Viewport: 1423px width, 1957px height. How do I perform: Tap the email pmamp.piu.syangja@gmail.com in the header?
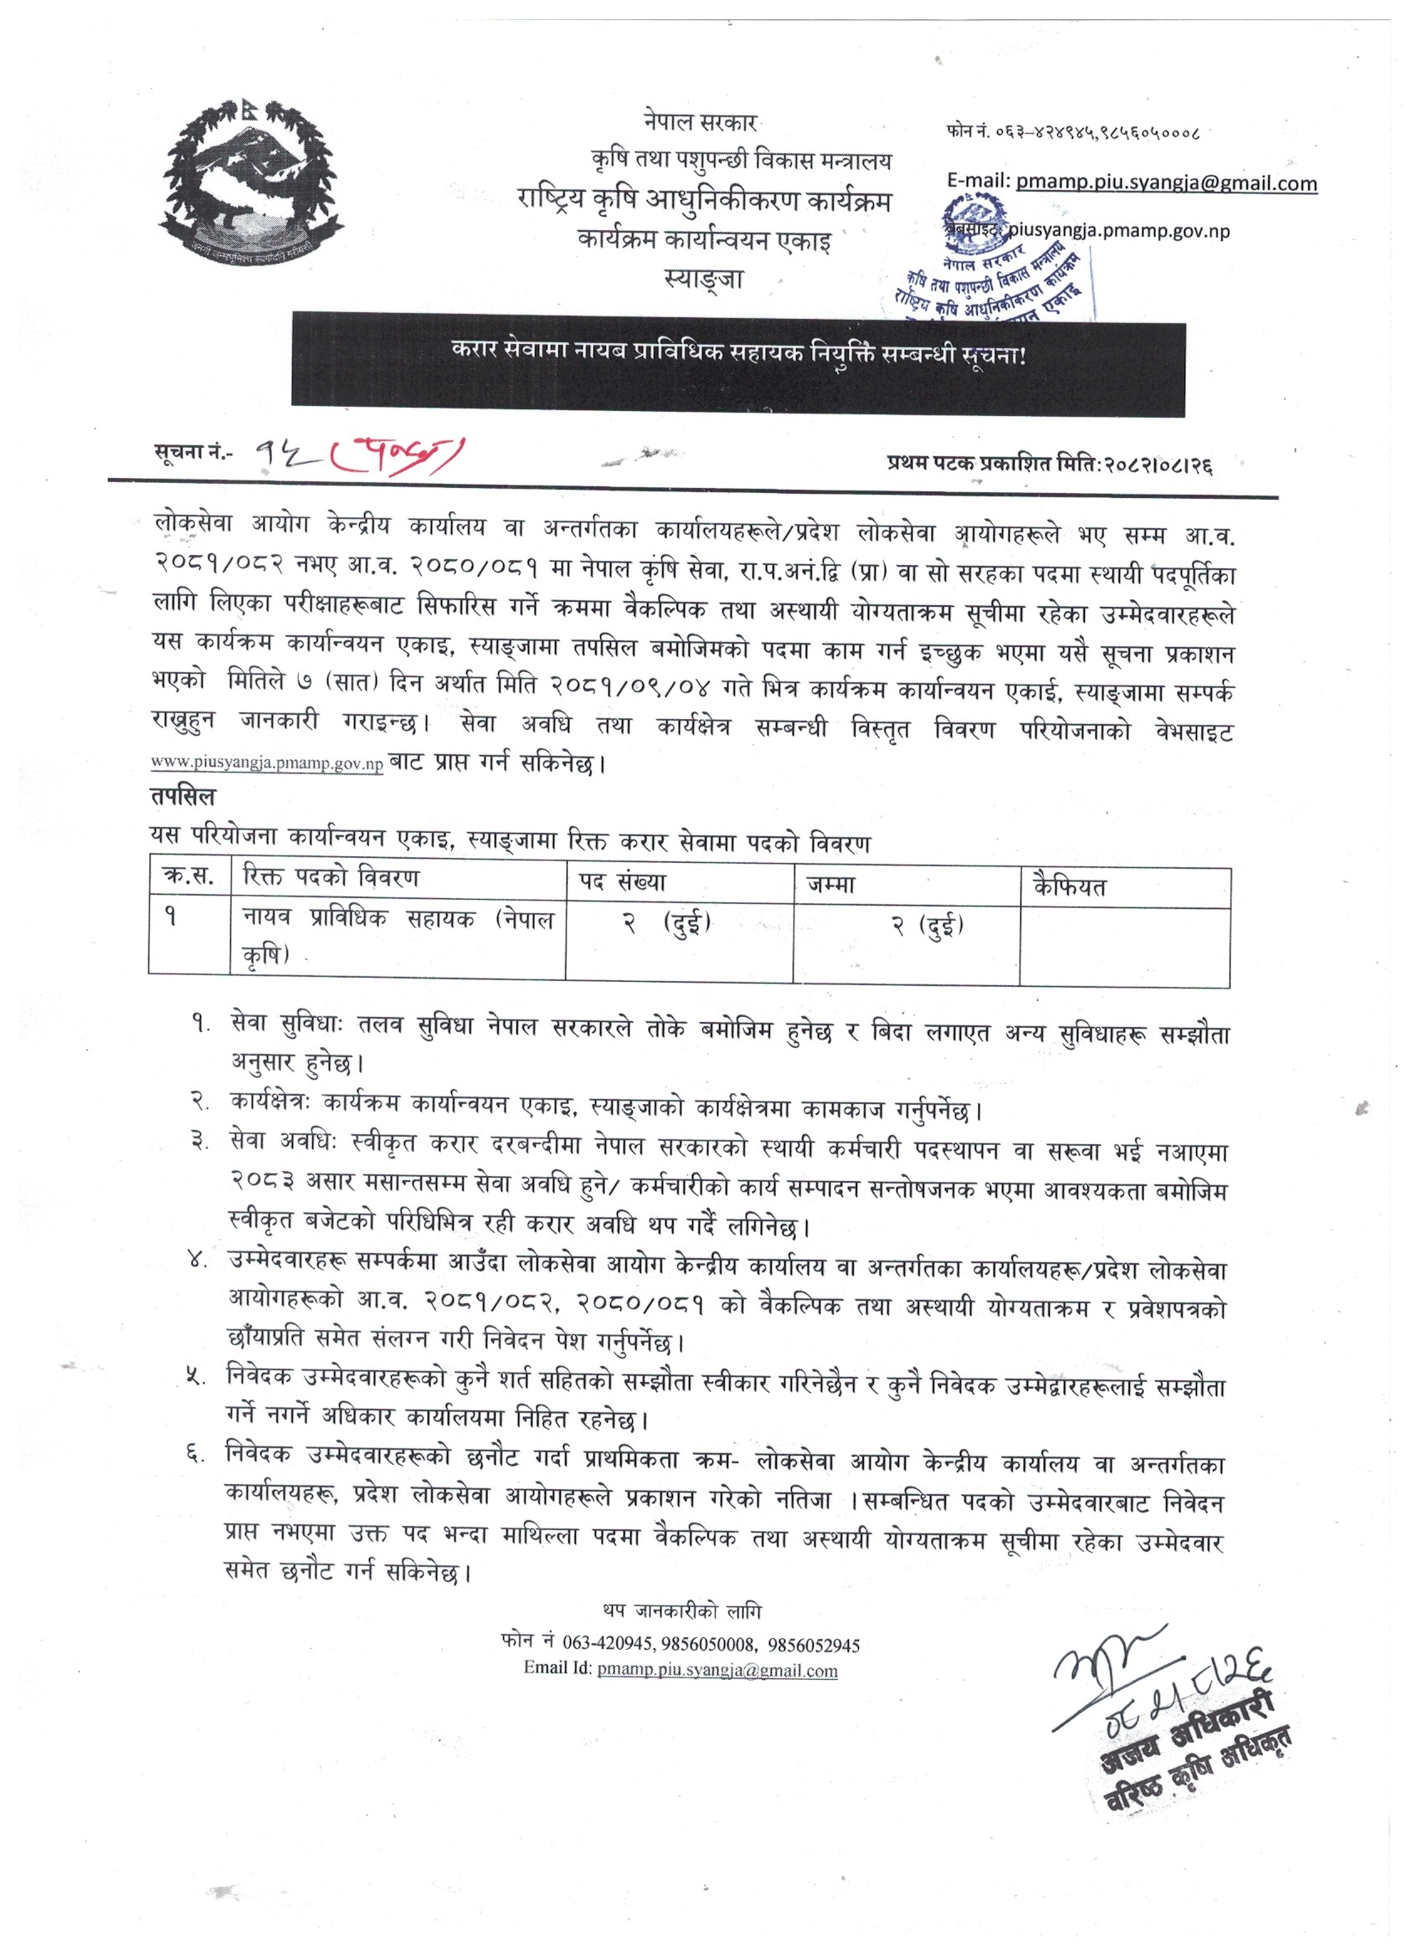[1166, 183]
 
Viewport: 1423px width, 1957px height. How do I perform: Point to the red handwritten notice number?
[358, 451]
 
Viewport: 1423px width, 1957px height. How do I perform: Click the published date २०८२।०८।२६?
[1155, 465]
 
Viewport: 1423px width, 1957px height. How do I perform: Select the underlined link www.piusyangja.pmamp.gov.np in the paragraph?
[267, 764]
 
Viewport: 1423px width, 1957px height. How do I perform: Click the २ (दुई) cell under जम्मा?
[927, 926]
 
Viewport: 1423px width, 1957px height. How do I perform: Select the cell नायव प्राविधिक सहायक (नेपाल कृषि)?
[397, 935]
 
